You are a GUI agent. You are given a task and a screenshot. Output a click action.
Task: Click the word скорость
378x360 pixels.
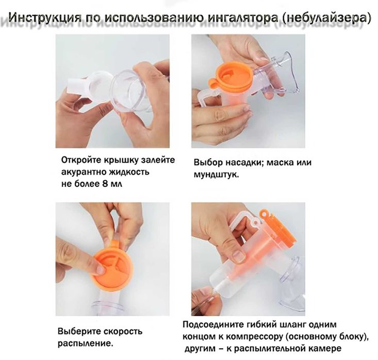(x=121, y=331)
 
